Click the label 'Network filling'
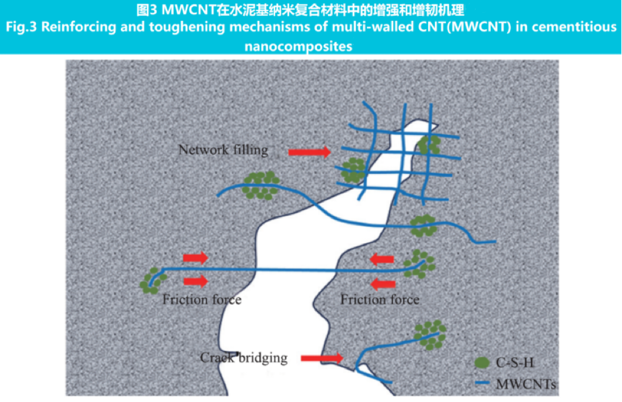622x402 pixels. point(223,149)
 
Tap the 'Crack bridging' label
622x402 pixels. point(244,358)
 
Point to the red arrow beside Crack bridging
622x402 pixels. point(321,359)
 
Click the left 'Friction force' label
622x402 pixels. point(202,300)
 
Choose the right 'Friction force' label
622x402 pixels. point(380,300)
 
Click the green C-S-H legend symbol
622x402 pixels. point(482,362)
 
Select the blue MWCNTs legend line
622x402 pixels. point(482,383)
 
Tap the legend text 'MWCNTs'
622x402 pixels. point(526,384)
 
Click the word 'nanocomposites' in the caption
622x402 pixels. point(310,46)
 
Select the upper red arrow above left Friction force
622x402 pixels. point(196,258)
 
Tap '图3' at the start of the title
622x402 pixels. point(147,9)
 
